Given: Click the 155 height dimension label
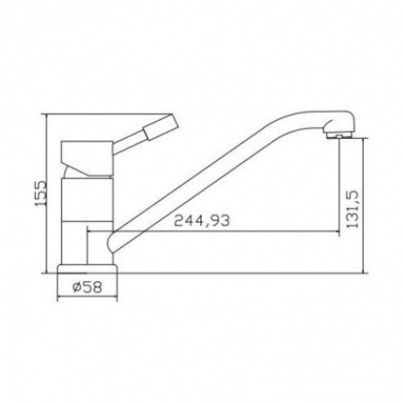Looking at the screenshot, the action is point(40,193).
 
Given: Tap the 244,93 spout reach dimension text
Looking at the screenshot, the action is point(202,220).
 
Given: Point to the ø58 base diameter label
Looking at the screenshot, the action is point(87,287).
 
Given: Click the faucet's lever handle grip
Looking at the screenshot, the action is point(161,127).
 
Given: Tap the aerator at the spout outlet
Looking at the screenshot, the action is point(339,136).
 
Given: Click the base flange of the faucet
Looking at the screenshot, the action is point(87,269).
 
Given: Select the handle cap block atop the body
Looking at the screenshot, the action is point(87,159).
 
